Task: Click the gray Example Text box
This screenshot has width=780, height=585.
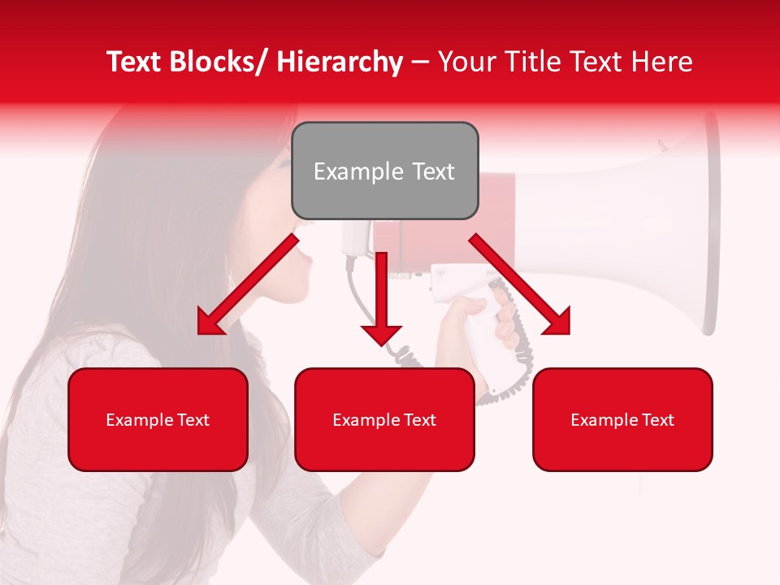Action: pyautogui.click(x=384, y=171)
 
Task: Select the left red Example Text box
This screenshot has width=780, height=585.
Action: pyautogui.click(x=158, y=419)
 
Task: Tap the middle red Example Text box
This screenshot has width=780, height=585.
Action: pyautogui.click(x=384, y=419)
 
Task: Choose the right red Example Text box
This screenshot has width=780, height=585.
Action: pyautogui.click(x=622, y=419)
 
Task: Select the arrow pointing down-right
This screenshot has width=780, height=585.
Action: pyautogui.click(x=520, y=284)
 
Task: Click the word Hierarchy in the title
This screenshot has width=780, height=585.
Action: pyautogui.click(x=340, y=62)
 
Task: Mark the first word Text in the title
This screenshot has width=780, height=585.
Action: pyautogui.click(x=135, y=62)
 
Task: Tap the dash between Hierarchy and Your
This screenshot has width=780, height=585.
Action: pyautogui.click(x=420, y=62)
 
